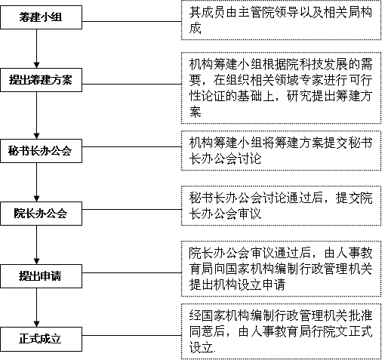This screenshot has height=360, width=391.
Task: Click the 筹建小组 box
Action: click(41, 17)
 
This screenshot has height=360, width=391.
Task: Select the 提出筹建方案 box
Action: click(41, 80)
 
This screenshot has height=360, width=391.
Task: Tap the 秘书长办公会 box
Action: click(41, 151)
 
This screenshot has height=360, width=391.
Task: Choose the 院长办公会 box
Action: click(41, 214)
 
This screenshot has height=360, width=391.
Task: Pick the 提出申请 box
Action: click(41, 276)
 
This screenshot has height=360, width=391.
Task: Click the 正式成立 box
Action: click(41, 339)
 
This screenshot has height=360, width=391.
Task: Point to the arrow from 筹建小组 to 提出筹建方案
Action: click(37, 48)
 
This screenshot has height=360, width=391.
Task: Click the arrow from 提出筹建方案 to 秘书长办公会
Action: click(37, 115)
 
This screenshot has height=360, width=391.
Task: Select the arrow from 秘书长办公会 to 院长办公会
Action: click(37, 182)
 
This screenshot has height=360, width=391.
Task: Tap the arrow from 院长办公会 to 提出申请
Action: click(37, 245)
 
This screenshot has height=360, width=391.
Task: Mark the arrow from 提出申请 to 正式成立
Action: click(37, 307)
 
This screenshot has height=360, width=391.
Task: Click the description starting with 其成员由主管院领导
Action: click(281, 20)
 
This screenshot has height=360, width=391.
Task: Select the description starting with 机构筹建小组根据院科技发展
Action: click(281, 88)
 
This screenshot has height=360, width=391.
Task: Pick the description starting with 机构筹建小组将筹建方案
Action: click(281, 150)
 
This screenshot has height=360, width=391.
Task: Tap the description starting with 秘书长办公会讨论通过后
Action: click(281, 205)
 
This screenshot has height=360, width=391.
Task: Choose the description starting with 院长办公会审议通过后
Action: click(281, 269)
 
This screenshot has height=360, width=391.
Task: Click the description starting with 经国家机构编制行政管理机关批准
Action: click(281, 331)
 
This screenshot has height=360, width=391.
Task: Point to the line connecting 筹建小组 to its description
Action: click(131, 21)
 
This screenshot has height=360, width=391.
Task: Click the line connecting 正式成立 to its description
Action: click(131, 335)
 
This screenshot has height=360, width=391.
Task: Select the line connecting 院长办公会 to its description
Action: click(131, 209)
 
